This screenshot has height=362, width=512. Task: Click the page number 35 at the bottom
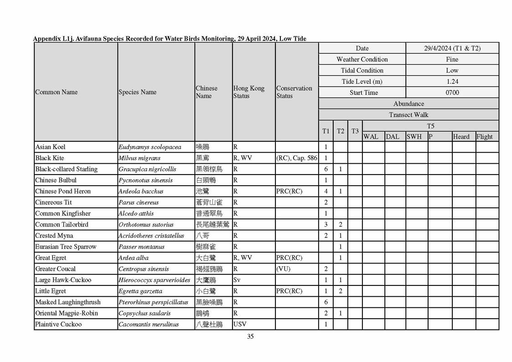[x=250, y=336]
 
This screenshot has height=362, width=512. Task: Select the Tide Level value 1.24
[x=452, y=82]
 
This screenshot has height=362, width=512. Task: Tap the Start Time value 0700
[x=452, y=93]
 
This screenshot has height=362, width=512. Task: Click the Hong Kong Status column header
[x=248, y=92]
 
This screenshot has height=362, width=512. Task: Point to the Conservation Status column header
[x=294, y=92]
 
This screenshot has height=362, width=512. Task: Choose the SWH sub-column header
[x=414, y=136]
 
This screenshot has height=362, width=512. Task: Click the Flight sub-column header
[x=485, y=136]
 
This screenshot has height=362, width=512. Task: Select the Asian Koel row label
[x=50, y=147]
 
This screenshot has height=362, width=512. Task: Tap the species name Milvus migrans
[x=140, y=158]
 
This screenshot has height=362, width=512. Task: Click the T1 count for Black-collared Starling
[x=326, y=169]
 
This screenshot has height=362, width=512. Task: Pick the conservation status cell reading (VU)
[x=284, y=269]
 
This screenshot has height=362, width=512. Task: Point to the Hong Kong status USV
[x=240, y=325]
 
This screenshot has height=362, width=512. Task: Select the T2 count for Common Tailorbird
[x=341, y=225]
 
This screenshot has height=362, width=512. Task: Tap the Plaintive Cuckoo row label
[x=58, y=325]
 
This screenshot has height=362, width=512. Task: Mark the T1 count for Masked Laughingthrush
[x=326, y=302]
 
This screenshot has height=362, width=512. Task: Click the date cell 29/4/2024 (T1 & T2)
[x=452, y=48]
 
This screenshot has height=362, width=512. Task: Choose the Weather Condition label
[x=362, y=59]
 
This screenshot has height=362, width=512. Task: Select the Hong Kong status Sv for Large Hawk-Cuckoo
[x=237, y=280]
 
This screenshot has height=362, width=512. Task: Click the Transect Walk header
[x=409, y=115]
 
